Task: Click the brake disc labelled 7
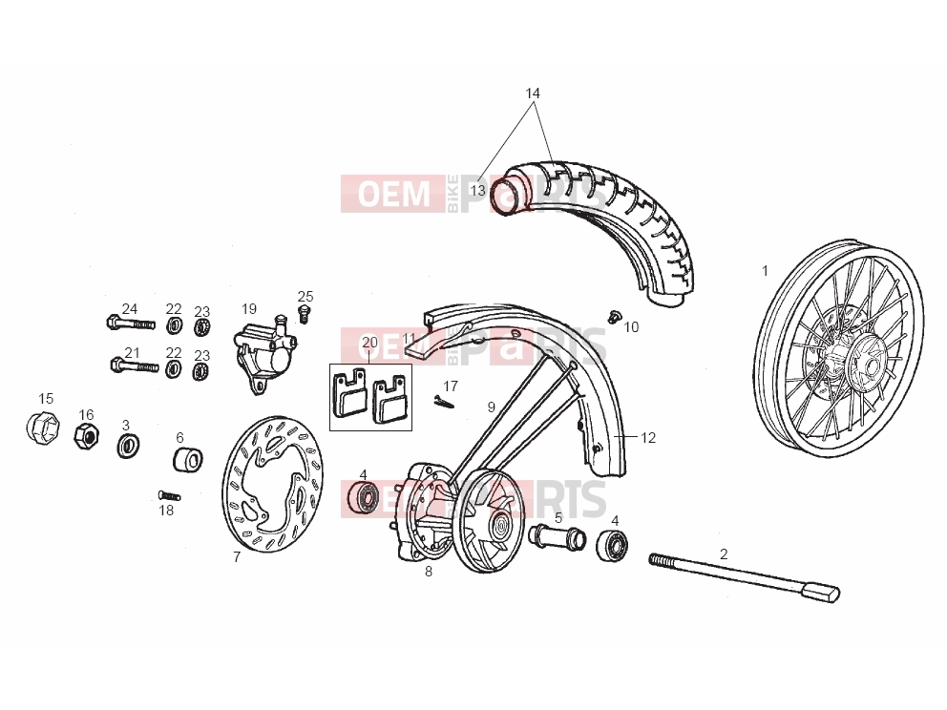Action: pos(272,483)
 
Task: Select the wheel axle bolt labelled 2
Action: pos(744,576)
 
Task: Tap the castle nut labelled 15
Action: pos(42,428)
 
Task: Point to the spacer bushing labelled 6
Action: pos(188,460)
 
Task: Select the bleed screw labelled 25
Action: pos(304,314)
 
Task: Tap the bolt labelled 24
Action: pos(131,324)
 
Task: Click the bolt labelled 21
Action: pos(135,365)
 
